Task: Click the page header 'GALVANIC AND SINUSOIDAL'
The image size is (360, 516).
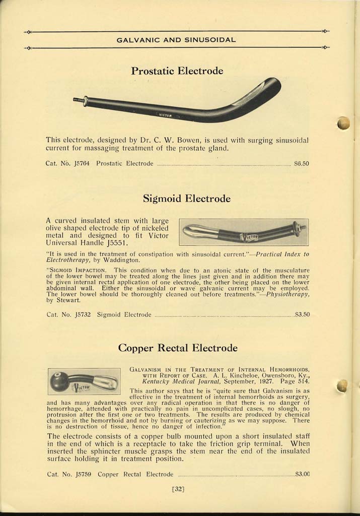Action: pos(176,39)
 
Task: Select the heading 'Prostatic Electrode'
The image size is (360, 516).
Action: pos(177,71)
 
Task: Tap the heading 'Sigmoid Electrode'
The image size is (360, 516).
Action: pos(186,199)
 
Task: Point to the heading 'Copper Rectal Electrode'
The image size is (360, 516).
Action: pos(177,348)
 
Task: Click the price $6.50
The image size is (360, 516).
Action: pos(301,163)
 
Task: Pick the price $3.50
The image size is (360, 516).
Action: pos(302,314)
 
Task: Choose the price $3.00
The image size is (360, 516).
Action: pos(302,474)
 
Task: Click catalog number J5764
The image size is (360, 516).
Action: pos(81,163)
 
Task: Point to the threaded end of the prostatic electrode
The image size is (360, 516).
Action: pos(79,100)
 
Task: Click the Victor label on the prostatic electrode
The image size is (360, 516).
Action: pos(166,115)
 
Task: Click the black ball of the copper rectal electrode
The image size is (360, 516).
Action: pos(59,382)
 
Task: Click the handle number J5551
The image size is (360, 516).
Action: pos(119,243)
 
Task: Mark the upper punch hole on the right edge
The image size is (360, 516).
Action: pos(343,123)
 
